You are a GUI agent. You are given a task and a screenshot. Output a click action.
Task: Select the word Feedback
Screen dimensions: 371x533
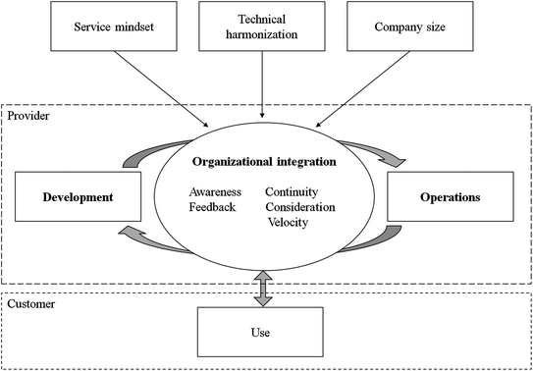click(x=213, y=207)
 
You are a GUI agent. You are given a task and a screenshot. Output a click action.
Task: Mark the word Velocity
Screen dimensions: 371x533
click(x=288, y=222)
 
